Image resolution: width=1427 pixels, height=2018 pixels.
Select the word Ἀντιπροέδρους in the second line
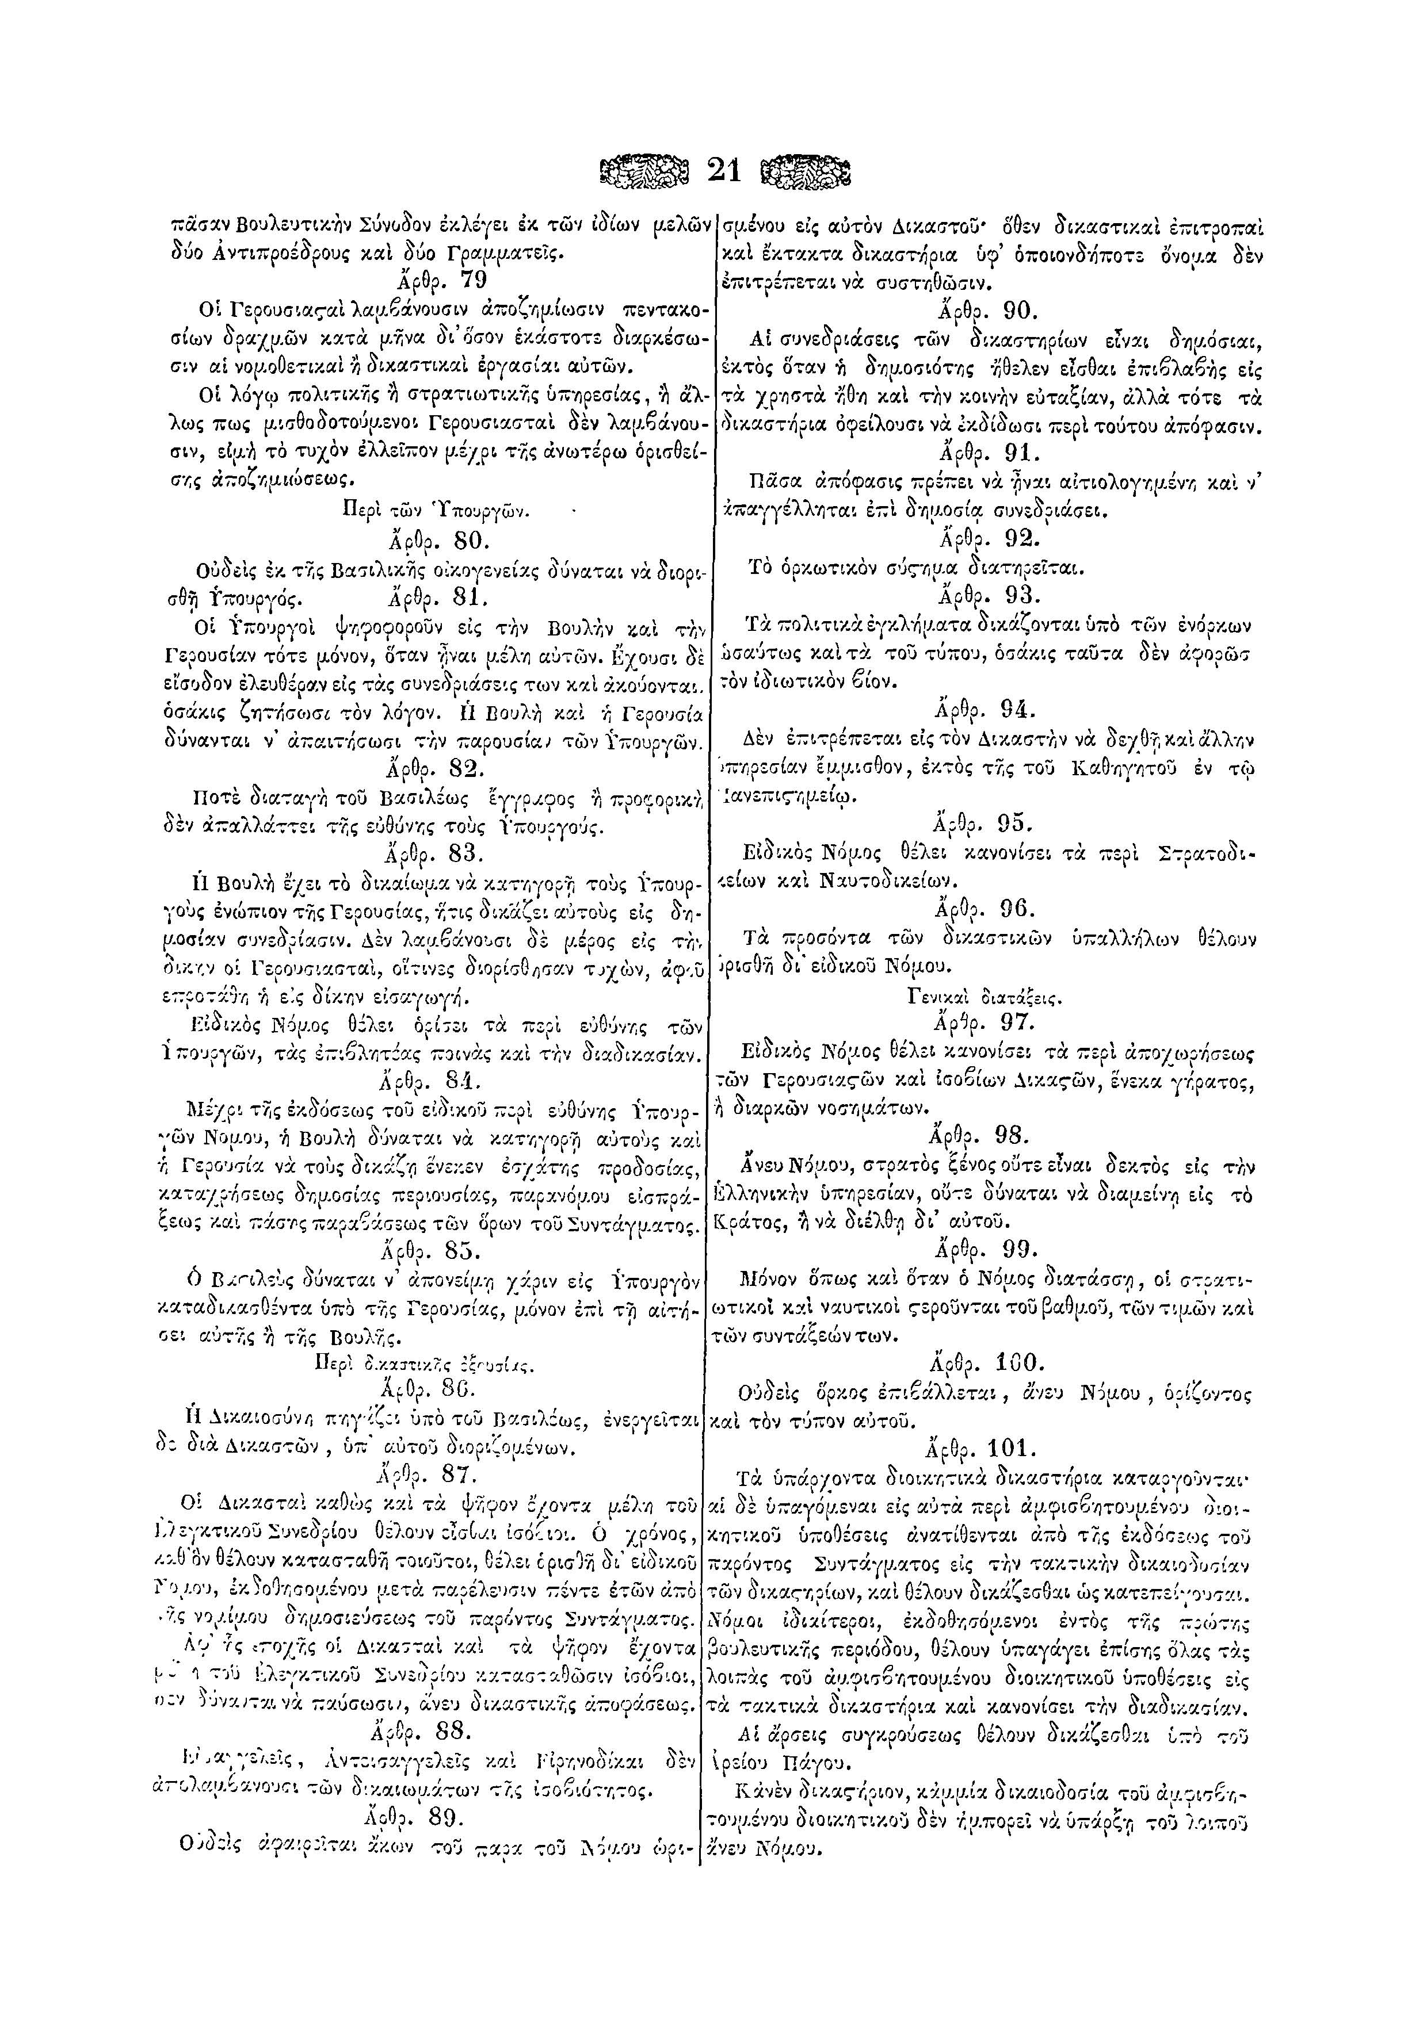(254, 254)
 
